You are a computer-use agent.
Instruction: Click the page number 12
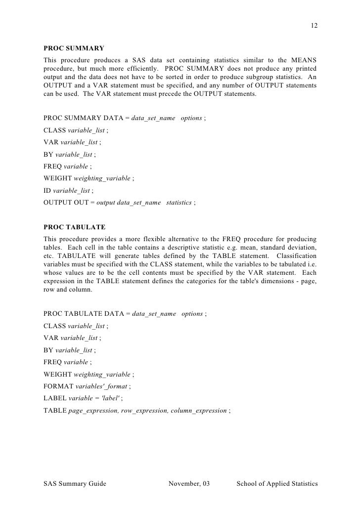click(x=314, y=25)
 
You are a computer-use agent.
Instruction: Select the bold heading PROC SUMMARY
click(x=74, y=48)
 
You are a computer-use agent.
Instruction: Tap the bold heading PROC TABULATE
click(x=75, y=227)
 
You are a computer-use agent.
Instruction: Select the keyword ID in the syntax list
click(x=47, y=190)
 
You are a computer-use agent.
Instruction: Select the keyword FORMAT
click(x=56, y=386)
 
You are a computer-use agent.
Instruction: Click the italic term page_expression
click(x=92, y=411)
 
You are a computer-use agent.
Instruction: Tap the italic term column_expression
click(x=199, y=411)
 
